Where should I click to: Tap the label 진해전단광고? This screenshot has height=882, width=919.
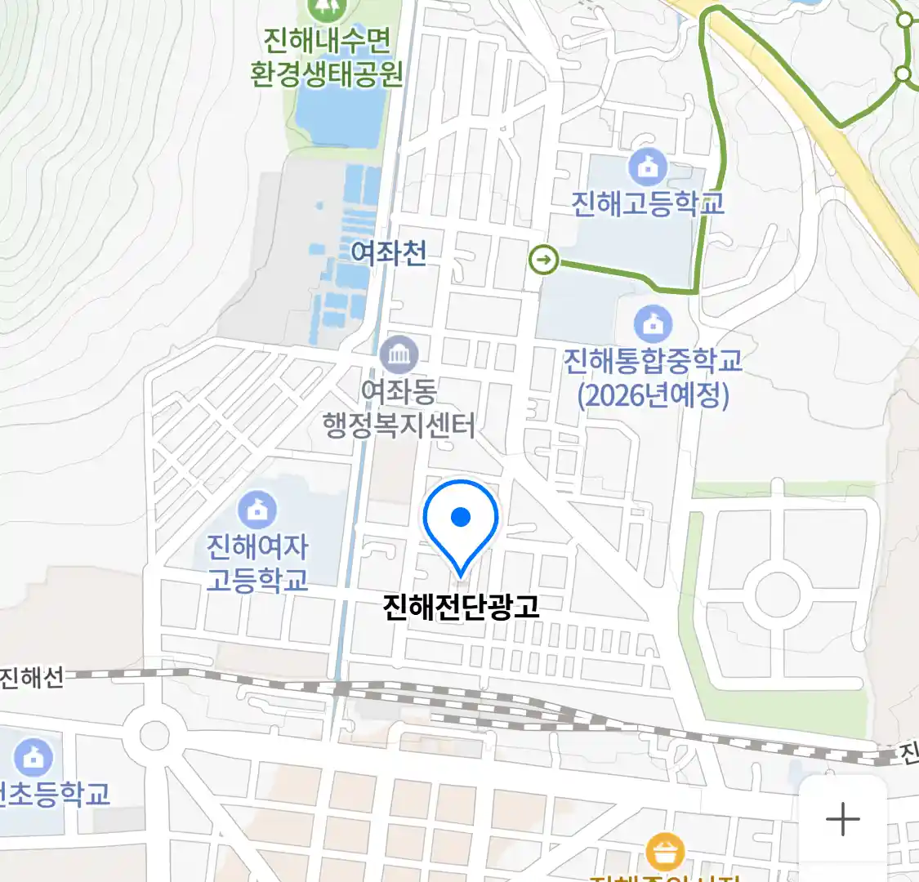[461, 606]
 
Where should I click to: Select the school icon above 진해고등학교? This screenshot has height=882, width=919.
[647, 168]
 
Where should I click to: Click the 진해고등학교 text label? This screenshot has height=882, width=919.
[647, 203]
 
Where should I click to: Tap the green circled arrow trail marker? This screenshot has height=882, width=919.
[544, 261]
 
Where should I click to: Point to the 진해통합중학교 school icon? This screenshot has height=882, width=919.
[653, 324]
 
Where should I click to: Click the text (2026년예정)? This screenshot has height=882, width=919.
[653, 396]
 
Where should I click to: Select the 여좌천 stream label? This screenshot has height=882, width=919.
[388, 252]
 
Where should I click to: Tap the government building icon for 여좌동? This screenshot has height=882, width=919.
[399, 354]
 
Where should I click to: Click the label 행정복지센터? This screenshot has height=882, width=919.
[399, 425]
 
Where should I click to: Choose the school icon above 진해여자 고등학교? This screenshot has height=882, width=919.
[257, 510]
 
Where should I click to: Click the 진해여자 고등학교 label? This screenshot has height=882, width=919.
[257, 563]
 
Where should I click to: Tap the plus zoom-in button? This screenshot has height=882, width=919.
[842, 818]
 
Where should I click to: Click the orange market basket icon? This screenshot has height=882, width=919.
[665, 853]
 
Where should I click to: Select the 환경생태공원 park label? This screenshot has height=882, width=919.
[327, 74]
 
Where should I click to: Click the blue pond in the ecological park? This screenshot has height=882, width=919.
[339, 114]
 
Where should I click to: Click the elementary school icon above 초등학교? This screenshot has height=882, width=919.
[33, 757]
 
